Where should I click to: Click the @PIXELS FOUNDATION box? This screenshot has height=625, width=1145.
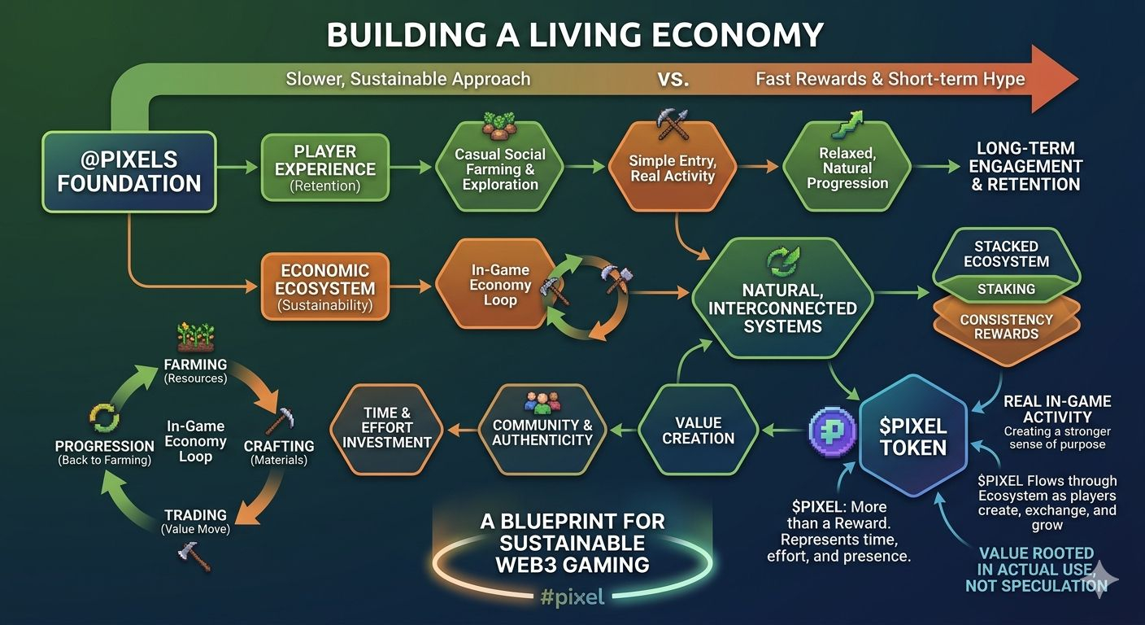[128, 172]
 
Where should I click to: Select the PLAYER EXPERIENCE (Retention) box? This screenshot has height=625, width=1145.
[325, 168]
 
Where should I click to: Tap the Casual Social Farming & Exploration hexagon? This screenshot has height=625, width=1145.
[500, 169]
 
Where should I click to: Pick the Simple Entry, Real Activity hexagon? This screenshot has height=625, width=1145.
[673, 168]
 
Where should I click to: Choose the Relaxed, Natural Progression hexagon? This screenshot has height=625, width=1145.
[847, 168]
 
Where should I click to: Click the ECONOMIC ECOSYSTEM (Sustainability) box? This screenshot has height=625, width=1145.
[325, 287]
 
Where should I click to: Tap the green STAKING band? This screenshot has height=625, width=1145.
[1006, 289]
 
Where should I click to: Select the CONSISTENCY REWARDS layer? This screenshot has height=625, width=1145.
[1006, 326]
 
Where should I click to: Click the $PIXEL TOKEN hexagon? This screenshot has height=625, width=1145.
[913, 436]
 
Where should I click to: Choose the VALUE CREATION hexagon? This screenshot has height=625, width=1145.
[698, 431]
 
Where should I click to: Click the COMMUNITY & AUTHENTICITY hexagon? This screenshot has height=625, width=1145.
[542, 431]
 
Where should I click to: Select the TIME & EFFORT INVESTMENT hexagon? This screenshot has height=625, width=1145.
[386, 428]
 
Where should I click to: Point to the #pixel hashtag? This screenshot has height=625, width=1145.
[572, 597]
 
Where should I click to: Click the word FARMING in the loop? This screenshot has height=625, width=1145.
[195, 364]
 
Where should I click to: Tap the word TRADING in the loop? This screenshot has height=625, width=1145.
[195, 515]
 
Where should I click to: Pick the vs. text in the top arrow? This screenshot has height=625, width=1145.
[673, 79]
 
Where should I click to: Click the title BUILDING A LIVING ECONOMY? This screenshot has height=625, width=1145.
[575, 35]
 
